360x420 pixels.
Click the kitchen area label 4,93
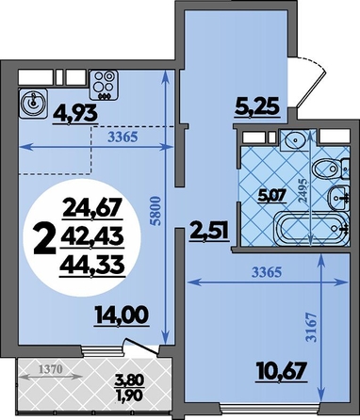pos(75,114)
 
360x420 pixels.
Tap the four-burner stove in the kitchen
pos(105,85)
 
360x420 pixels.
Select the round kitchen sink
pos(33,104)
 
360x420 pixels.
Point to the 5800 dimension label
pos(156,211)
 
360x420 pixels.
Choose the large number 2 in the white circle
pos(44,238)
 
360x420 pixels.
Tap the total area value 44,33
pos(92,267)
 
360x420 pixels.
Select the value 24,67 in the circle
pos(92,208)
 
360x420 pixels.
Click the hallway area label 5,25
pos(257,106)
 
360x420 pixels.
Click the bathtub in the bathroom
pos(311,229)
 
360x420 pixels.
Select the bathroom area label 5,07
pos(272,197)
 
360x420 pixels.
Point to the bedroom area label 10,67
pos(281,371)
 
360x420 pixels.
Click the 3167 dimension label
pos(311,328)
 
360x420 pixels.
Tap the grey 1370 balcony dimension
pos(50,369)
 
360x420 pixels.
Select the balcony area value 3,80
pos(129,380)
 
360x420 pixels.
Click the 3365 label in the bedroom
pos(267,272)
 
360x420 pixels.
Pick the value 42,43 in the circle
pos(92,237)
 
